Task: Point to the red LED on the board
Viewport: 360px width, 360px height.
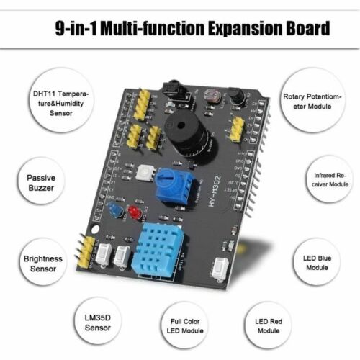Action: [133, 212]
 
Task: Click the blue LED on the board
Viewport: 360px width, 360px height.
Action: [114, 210]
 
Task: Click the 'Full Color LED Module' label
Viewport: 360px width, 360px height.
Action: [181, 325]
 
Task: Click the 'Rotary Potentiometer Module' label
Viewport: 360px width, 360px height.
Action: [318, 102]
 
